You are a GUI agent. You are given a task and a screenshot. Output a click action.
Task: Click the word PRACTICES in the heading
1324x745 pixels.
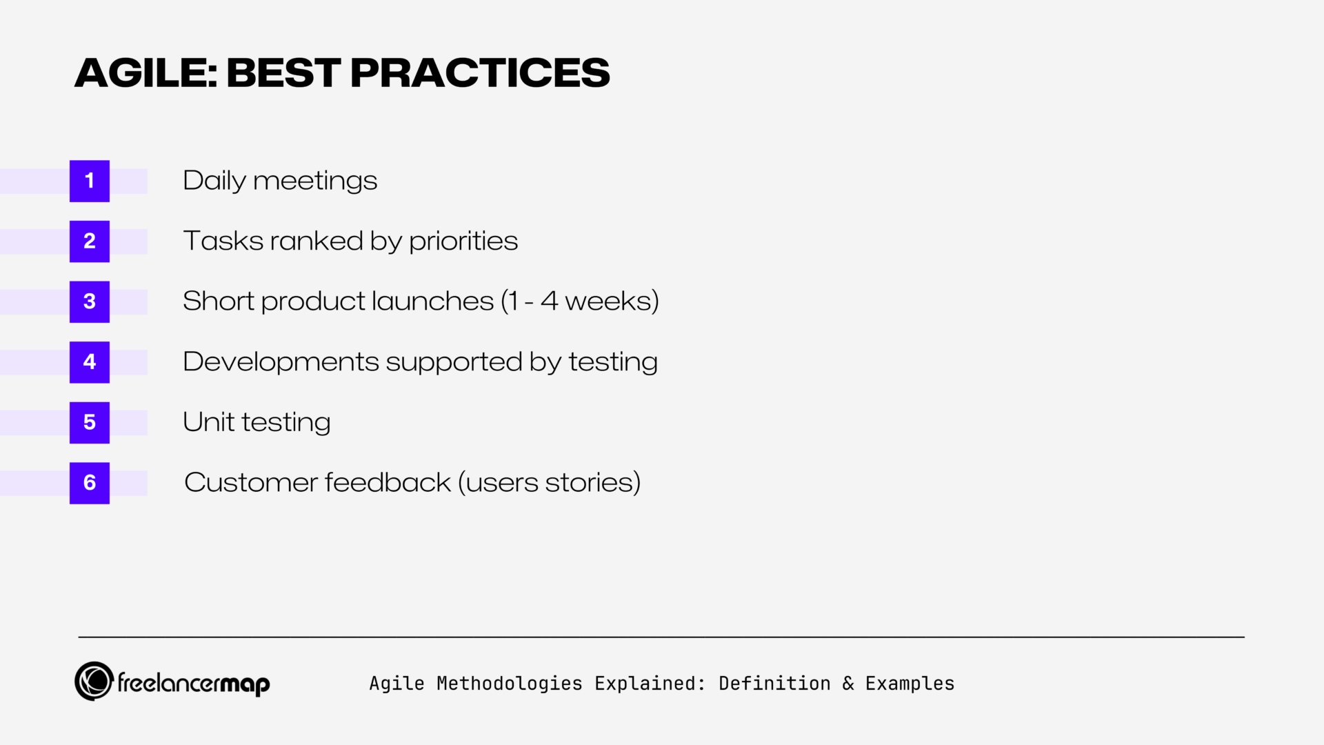click(480, 72)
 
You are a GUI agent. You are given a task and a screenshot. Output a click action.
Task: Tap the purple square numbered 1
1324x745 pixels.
click(90, 181)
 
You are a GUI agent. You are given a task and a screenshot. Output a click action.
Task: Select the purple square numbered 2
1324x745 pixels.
click(90, 241)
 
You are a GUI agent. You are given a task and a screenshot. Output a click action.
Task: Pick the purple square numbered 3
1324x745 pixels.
click(90, 301)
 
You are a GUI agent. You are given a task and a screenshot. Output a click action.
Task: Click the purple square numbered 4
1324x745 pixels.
click(90, 362)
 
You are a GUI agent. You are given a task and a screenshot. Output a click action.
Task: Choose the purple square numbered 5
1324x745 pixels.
click(90, 422)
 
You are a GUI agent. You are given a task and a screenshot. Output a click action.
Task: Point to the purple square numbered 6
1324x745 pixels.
click(90, 483)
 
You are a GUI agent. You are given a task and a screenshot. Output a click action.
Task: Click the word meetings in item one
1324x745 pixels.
click(315, 181)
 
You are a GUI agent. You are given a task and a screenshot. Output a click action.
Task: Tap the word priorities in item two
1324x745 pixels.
click(463, 241)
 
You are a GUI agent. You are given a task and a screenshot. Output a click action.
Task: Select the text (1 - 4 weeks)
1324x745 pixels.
click(579, 301)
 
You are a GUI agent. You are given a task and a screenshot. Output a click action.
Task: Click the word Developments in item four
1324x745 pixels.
click(281, 362)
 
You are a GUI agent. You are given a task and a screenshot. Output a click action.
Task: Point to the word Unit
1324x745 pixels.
click(208, 422)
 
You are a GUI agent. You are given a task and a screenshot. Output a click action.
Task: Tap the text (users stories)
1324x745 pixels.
click(549, 483)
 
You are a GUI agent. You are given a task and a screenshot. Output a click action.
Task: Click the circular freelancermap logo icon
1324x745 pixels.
click(94, 682)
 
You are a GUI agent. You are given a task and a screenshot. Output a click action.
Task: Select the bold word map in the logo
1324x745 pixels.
click(245, 684)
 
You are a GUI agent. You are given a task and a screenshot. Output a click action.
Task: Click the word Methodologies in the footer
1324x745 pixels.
click(509, 684)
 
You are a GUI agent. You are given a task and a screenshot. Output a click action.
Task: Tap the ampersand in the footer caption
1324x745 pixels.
click(848, 684)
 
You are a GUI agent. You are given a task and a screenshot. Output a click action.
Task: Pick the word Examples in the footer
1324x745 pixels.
click(910, 684)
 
